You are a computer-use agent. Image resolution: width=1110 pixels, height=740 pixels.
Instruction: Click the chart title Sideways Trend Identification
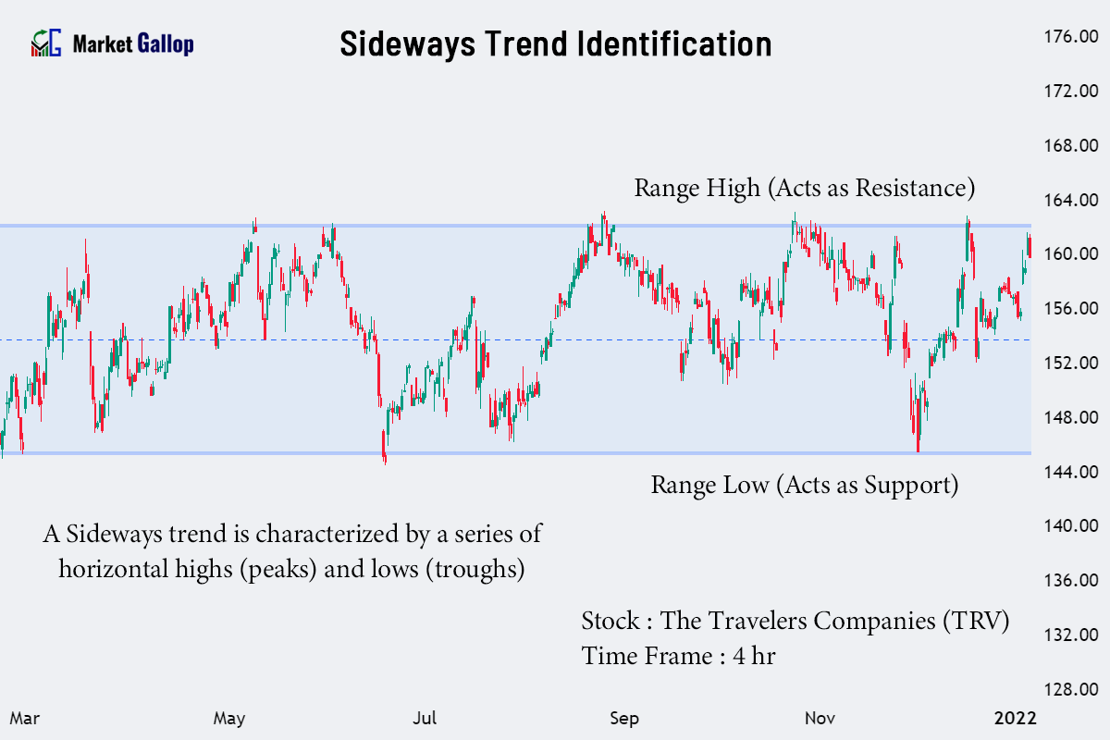click(555, 43)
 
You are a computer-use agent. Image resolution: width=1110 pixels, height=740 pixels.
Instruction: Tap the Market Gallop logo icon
click(46, 43)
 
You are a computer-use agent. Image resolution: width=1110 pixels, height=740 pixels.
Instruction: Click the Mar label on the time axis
click(24, 718)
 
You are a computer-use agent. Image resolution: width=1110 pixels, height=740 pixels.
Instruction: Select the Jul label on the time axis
click(425, 718)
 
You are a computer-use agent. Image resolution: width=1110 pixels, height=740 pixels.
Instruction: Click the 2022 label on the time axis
click(1016, 718)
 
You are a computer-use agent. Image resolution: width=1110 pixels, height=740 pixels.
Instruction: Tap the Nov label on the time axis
click(820, 718)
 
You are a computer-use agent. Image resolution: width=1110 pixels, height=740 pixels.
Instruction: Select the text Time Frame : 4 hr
click(678, 656)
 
